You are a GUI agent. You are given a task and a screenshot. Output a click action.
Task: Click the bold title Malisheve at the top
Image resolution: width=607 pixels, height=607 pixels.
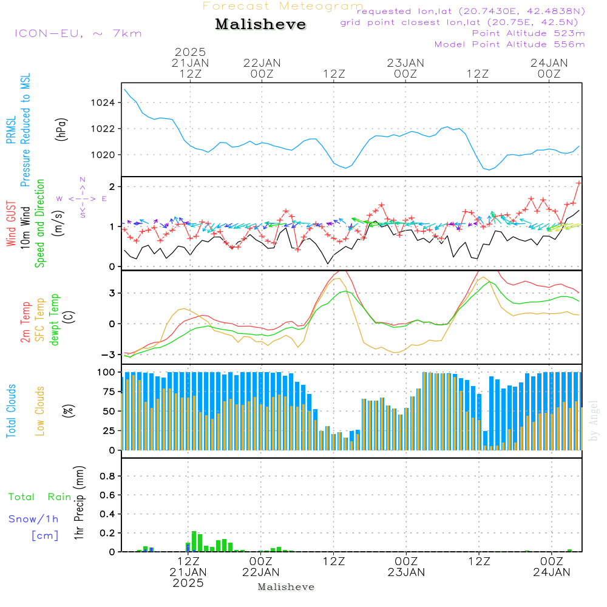pyautogui.click(x=260, y=25)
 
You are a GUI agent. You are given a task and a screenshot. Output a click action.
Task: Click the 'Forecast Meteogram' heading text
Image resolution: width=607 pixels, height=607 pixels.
pyautogui.click(x=283, y=6)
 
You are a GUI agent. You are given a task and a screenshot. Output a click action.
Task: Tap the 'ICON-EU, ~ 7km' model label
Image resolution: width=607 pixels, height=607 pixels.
pyautogui.click(x=78, y=33)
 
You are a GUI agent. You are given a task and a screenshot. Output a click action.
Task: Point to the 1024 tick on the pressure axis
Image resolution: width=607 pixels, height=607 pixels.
pyautogui.click(x=103, y=103)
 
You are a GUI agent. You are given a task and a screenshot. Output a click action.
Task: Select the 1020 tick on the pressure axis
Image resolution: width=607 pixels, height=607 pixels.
pyautogui.click(x=103, y=155)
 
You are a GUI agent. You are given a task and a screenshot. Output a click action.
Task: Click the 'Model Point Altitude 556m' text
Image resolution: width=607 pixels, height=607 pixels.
pyautogui.click(x=509, y=44)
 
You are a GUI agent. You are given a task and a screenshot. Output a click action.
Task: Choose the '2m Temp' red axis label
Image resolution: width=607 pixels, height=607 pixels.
pyautogui.click(x=25, y=320)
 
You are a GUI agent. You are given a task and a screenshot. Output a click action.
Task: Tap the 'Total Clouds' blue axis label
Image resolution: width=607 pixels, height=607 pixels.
pyautogui.click(x=11, y=411)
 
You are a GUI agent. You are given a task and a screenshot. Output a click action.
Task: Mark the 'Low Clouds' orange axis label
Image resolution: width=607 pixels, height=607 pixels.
pyautogui.click(x=40, y=411)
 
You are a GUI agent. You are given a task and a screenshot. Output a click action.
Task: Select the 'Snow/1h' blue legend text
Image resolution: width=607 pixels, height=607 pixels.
pyautogui.click(x=34, y=520)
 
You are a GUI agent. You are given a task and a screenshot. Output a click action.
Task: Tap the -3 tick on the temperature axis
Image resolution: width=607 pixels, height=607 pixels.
pyautogui.click(x=109, y=354)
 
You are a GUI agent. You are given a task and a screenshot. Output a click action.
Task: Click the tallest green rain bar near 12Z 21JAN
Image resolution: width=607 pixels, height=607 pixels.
pyautogui.click(x=194, y=541)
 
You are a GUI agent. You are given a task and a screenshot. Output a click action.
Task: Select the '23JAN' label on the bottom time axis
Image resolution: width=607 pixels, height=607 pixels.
pyautogui.click(x=406, y=572)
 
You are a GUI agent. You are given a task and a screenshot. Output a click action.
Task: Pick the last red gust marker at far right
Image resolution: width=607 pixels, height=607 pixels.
pyautogui.click(x=579, y=182)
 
